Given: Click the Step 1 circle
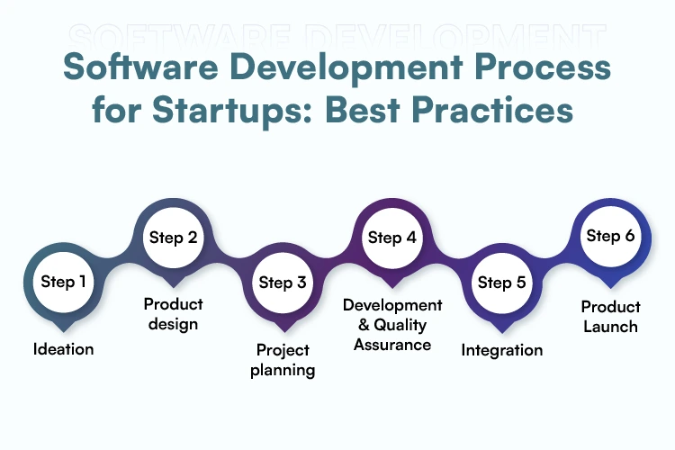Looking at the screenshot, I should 64,282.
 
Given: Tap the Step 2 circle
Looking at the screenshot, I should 173,238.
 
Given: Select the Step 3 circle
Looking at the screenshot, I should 283,283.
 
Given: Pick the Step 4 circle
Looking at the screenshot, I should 391,238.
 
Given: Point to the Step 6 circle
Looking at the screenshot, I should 610,236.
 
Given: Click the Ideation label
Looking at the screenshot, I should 64,348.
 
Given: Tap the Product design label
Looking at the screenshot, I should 173,314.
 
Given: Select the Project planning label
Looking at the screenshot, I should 283,360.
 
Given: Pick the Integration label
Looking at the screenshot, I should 502,349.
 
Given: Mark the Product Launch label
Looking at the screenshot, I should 609,317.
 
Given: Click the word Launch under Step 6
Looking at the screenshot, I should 609,327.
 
